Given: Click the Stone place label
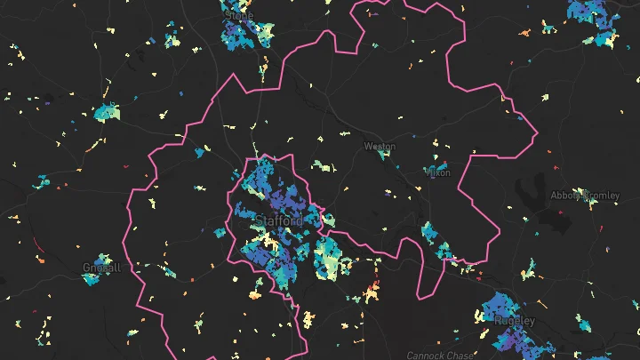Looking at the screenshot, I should [x=239, y=15].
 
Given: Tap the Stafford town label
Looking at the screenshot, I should [x=277, y=220].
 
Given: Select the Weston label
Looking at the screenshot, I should [x=380, y=145].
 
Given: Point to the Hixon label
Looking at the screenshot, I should [x=439, y=172].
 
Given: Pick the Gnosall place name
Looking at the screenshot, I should [x=100, y=267].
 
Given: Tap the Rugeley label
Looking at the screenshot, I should [x=516, y=320].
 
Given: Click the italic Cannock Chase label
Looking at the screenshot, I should [x=440, y=355].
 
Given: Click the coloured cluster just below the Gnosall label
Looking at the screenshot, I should [x=91, y=278].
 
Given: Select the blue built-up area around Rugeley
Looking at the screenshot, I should [x=498, y=311].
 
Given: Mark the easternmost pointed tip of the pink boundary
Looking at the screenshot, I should [x=539, y=134].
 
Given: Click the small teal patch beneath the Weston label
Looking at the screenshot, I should [x=382, y=155].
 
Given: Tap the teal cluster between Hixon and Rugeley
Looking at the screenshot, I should [x=430, y=234].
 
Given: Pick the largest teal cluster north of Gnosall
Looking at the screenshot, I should [x=107, y=113].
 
